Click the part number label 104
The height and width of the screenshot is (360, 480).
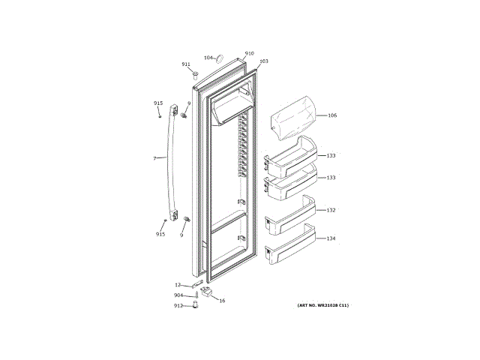tap(209, 58)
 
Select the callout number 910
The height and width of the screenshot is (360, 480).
tap(249, 53)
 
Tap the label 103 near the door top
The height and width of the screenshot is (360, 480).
tap(263, 61)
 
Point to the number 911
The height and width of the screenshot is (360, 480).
tap(186, 64)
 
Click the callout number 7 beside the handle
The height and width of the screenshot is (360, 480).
tap(154, 158)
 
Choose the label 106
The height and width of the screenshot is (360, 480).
tap(332, 115)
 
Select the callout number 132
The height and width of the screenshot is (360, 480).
tap(331, 210)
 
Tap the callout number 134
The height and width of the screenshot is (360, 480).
tap(331, 238)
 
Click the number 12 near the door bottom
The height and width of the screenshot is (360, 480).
tap(178, 285)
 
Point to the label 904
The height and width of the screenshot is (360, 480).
tap(178, 295)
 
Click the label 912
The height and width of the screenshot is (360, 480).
tap(178, 306)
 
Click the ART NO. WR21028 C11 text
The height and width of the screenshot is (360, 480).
tap(323, 305)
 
